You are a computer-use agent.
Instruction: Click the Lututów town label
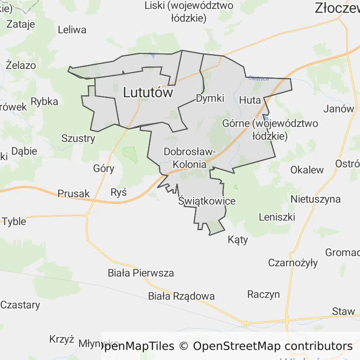pos(148,93)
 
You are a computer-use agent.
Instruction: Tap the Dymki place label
pos(210,98)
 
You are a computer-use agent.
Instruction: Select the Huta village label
pos(250,100)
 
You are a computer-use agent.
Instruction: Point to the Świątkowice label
pos(207,201)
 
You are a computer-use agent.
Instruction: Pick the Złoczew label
pos(337,7)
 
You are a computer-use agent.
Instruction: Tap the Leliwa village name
pos(72,30)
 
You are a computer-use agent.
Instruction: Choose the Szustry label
pos(78,138)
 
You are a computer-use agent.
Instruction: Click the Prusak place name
pos(74,194)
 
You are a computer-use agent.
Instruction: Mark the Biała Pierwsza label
pos(141,273)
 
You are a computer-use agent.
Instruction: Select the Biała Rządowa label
pos(181,296)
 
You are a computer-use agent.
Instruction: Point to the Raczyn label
pos(263,294)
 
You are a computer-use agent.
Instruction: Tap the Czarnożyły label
pos(293,262)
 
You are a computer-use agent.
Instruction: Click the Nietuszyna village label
pos(315,199)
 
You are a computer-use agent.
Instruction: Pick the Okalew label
pos(307,170)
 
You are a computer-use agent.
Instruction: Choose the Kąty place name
pos(238,240)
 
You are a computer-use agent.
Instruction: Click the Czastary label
pos(20,305)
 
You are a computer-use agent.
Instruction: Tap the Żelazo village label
pos(21,65)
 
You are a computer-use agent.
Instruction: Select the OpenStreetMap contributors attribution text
pos(273,346)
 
